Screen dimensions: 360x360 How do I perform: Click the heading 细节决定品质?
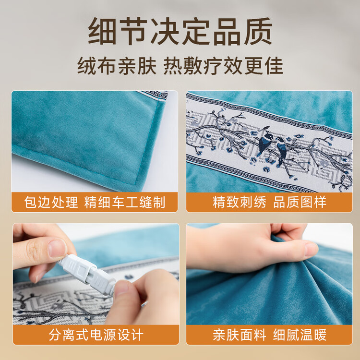click(180, 32)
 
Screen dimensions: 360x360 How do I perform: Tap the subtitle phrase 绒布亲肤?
click(117, 66)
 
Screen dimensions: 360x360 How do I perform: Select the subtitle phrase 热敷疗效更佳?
click(223, 66)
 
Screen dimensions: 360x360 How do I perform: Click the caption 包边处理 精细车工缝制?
click(95, 202)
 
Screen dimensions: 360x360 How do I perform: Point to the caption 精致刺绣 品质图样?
click(269, 202)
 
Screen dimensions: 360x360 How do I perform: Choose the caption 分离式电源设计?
click(96, 335)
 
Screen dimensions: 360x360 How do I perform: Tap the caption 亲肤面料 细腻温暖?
click(269, 335)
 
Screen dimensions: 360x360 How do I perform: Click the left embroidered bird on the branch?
click(264, 141)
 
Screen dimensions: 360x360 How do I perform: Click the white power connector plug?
click(87, 275)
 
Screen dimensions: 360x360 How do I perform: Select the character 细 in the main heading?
click(102, 32)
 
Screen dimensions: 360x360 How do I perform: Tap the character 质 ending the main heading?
click(258, 32)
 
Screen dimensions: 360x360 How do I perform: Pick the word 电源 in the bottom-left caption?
click(103, 335)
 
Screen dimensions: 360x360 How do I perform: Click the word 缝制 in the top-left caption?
click(152, 202)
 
